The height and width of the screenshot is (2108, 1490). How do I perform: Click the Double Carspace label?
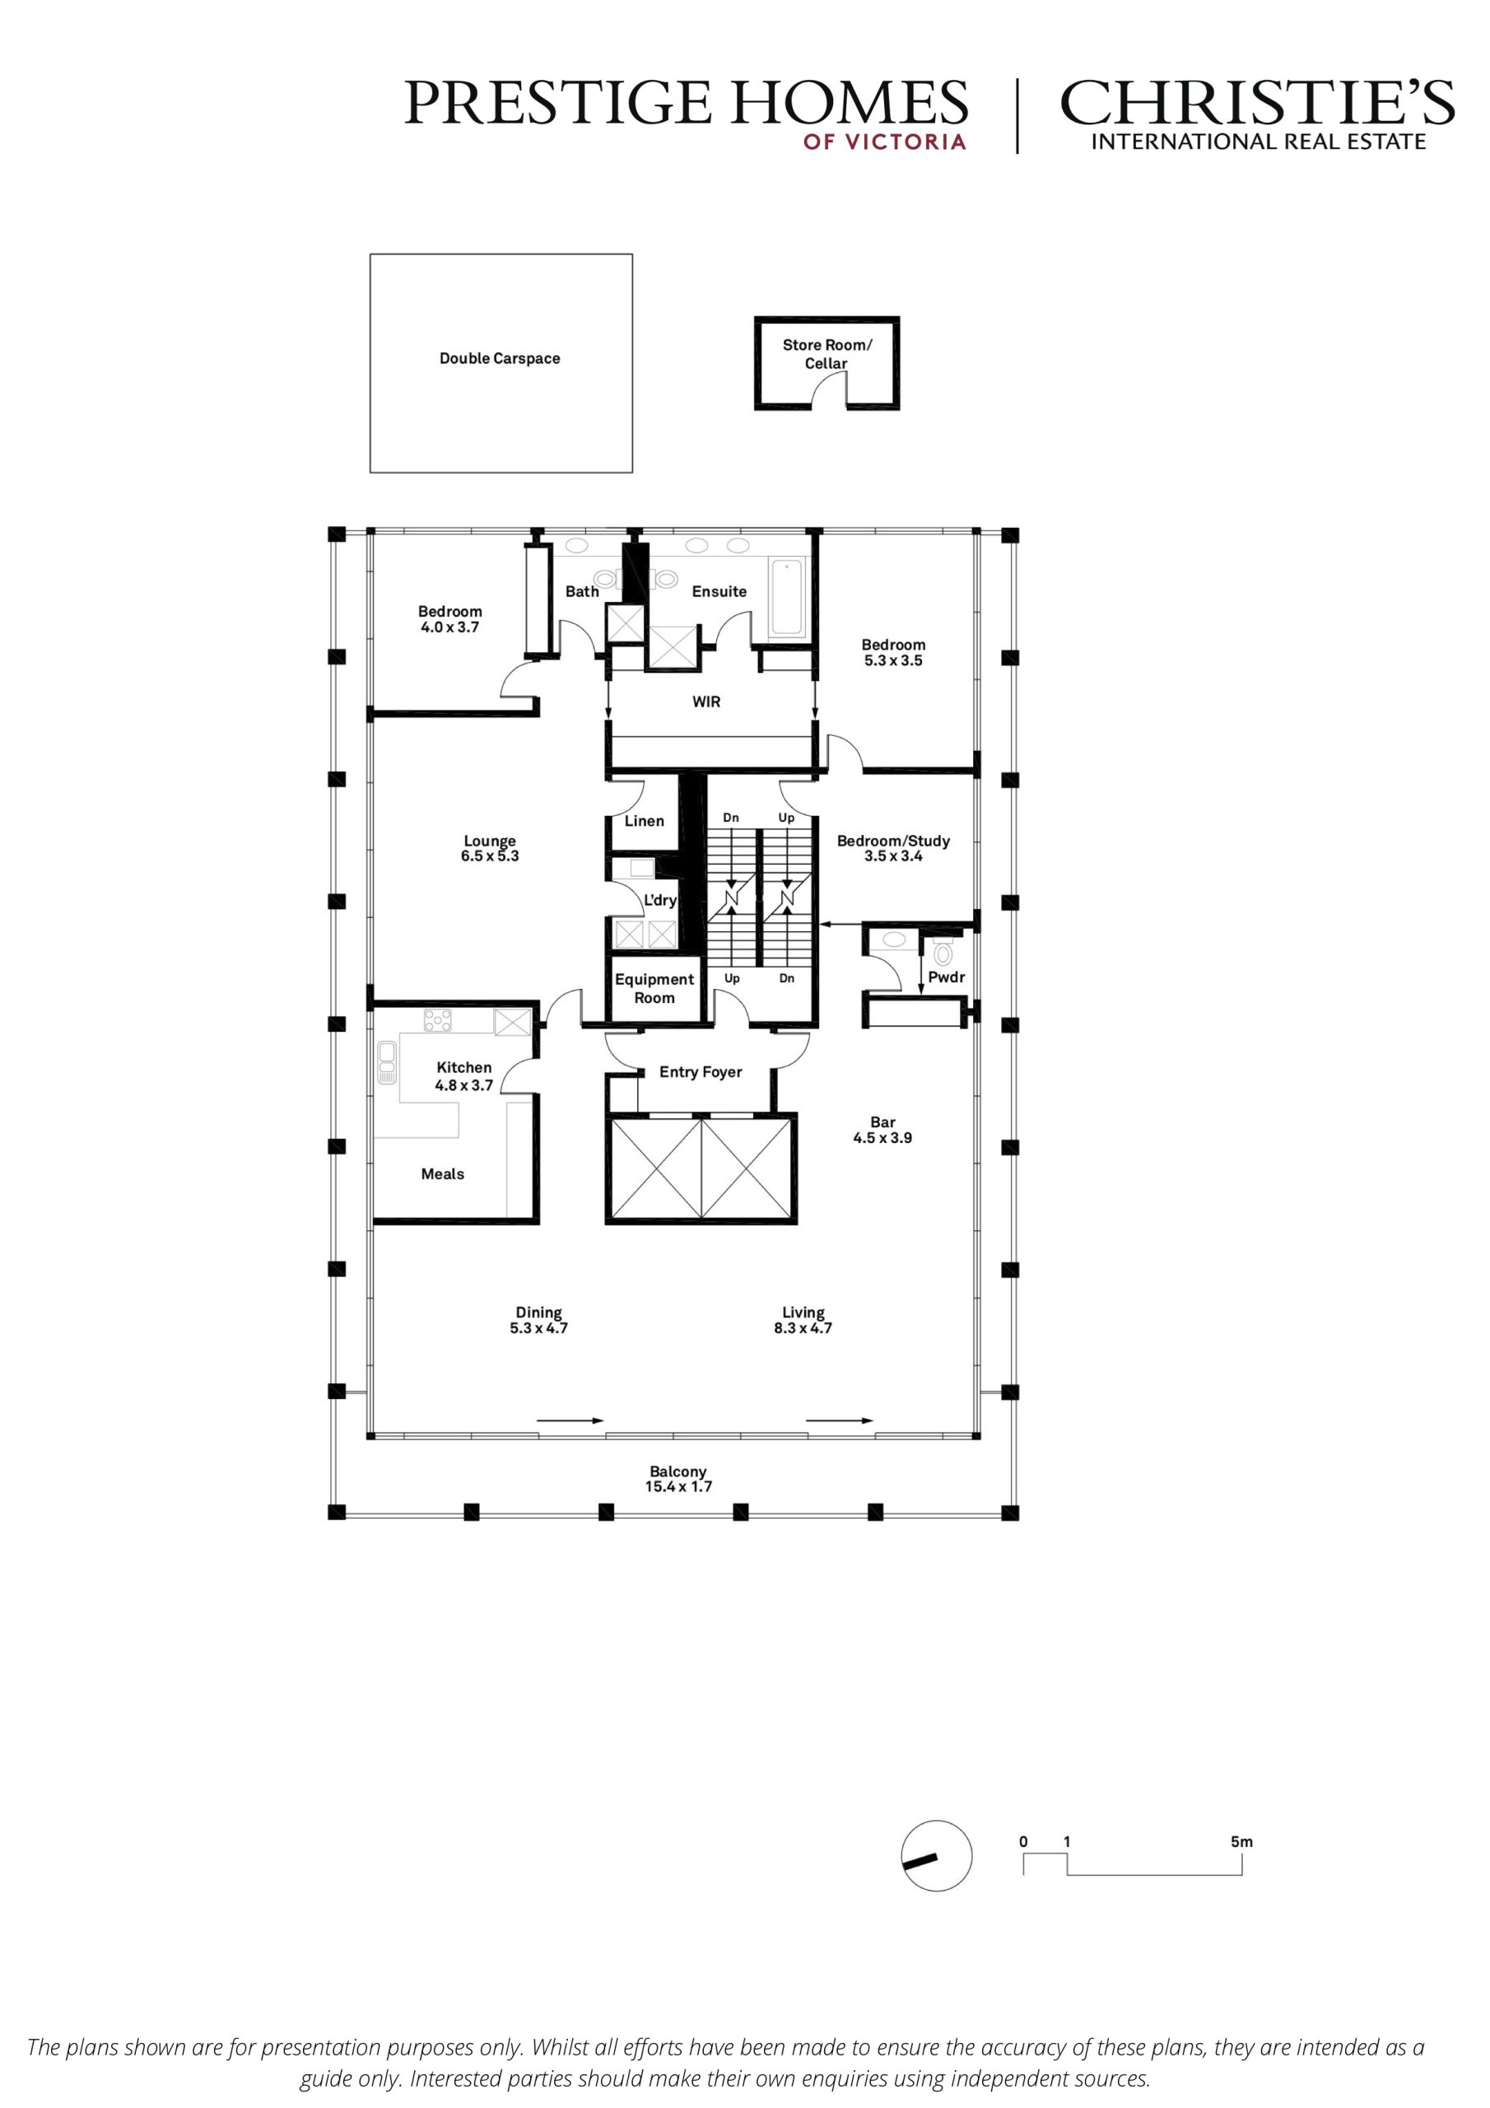(500, 358)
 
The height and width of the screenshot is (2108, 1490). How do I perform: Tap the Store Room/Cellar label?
(826, 353)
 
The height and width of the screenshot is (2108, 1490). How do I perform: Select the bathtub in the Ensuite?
(787, 597)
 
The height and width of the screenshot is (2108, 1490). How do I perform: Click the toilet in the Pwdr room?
(943, 951)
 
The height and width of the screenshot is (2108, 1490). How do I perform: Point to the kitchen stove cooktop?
(438, 1020)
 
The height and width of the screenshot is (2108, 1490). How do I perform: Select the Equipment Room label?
(654, 988)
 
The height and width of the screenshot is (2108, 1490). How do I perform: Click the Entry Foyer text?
(701, 1071)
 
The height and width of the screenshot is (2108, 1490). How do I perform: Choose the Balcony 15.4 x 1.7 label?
(678, 1478)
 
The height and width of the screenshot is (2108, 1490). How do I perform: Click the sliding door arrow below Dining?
(570, 1420)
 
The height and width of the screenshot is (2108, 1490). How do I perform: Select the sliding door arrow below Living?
(840, 1420)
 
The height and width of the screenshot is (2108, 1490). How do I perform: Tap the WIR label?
(706, 702)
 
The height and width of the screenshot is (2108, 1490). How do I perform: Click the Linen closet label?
(645, 821)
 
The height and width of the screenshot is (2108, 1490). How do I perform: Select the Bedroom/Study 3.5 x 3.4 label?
(893, 847)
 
